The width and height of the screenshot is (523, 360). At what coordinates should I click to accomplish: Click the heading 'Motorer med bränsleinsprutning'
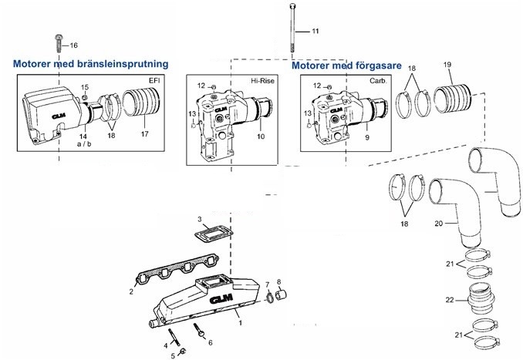point(92,65)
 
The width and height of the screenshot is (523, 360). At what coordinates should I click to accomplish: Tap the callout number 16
point(74,46)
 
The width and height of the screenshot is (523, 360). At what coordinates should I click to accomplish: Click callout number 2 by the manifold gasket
point(132,292)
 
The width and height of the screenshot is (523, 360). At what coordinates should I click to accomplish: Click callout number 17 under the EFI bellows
point(144,134)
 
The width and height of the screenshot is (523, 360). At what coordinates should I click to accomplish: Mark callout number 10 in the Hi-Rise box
point(260,136)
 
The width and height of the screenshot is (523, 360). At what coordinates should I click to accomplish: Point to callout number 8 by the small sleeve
point(278,281)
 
